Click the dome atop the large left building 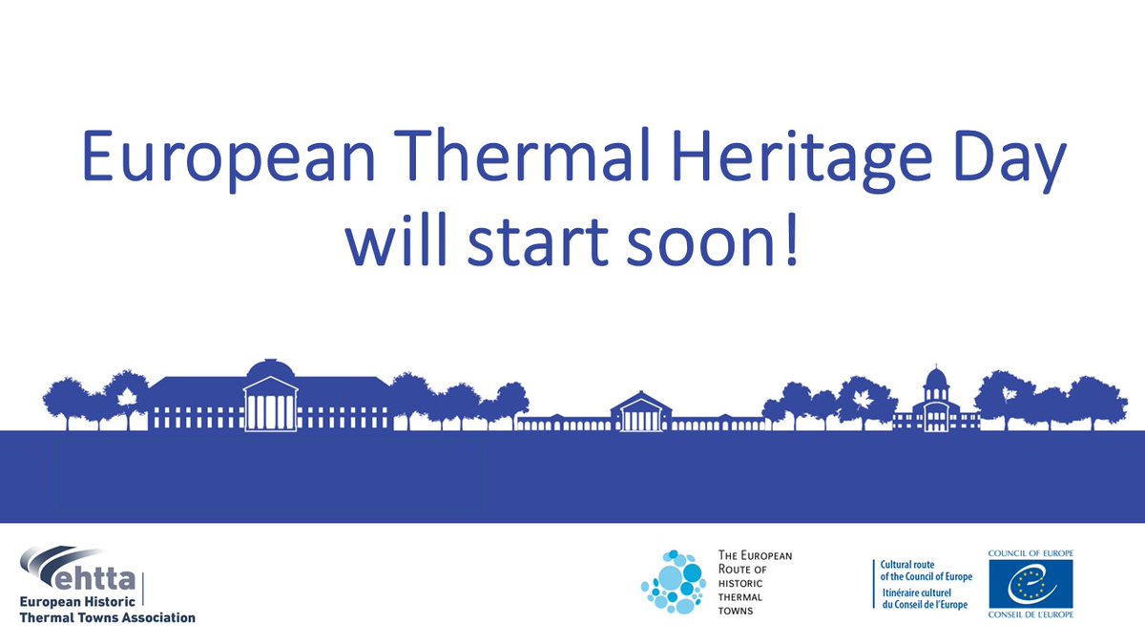coord(272,372)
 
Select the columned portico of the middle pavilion coord(640,415)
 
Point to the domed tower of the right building coord(936,382)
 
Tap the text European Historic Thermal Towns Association coord(107,610)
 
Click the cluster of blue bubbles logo coord(674,581)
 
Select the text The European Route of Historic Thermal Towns coord(754,581)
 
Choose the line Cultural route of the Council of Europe coord(926,571)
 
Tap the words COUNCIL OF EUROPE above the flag coord(1030,553)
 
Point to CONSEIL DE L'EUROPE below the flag coord(1030,615)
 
